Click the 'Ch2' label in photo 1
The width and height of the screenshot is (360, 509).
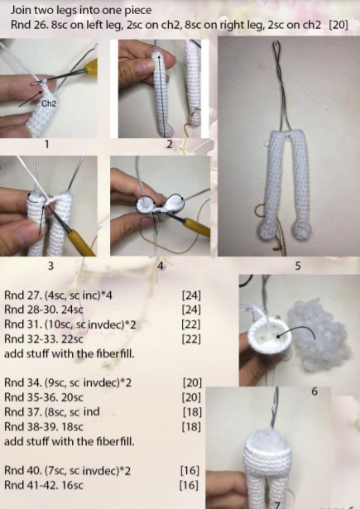pos(49,103)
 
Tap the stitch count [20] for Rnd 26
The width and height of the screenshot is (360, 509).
pos(338,25)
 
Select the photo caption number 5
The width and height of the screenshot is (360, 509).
pos(298,267)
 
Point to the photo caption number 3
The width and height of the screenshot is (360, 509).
pos(50,266)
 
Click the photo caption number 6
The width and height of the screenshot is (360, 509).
pos(314,391)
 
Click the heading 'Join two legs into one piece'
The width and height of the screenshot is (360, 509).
pos(81,10)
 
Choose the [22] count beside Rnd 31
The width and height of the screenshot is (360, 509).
pos(191,324)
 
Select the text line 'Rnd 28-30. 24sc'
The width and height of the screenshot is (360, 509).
pos(44,310)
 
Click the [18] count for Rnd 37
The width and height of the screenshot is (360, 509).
pos(192,412)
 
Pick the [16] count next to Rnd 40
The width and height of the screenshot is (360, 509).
pos(190,470)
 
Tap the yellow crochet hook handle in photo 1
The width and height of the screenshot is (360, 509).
pos(90,67)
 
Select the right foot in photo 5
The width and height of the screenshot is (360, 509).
pos(302,230)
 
